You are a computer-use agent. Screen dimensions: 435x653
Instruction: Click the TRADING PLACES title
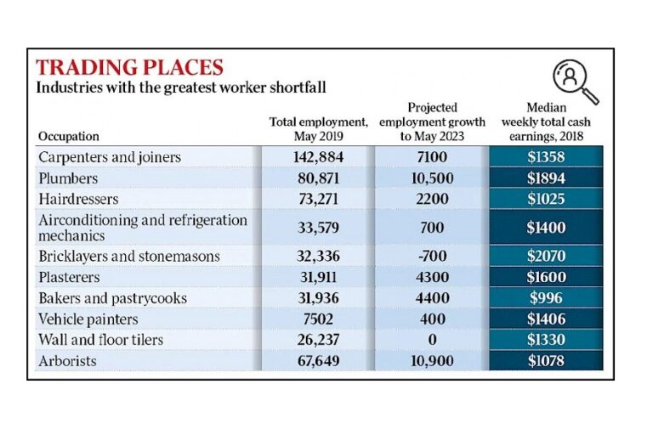click(129, 68)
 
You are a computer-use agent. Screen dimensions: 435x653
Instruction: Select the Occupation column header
click(69, 136)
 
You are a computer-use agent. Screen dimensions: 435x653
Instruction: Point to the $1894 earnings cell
click(545, 178)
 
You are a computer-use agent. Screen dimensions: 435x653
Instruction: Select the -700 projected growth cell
click(431, 257)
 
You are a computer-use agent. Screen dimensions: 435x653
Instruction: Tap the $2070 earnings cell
click(545, 257)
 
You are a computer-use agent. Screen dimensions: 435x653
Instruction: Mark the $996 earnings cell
click(545, 298)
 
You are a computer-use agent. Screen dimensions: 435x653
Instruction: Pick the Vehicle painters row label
click(89, 319)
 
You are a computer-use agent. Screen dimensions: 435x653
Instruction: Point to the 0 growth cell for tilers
click(431, 340)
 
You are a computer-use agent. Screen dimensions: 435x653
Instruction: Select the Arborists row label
click(68, 361)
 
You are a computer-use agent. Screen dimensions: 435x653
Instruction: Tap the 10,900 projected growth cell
click(431, 361)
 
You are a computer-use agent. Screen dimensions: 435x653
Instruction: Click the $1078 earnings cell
click(545, 361)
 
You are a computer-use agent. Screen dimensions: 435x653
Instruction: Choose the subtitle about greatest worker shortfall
click(181, 88)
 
